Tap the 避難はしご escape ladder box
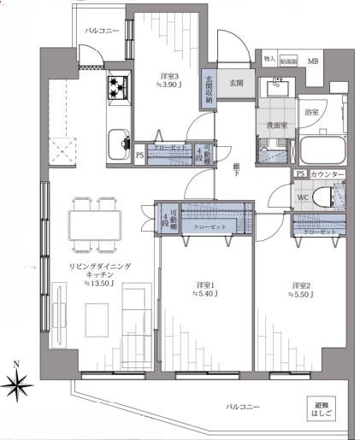pos(320,409)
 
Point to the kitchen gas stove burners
pos(117,86)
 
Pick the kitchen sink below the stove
pos(117,140)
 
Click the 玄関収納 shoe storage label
pos(209,89)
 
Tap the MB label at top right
pos(313,62)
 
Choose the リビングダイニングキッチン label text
pos(100,271)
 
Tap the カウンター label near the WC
pos(328,174)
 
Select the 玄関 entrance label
pos(237,83)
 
